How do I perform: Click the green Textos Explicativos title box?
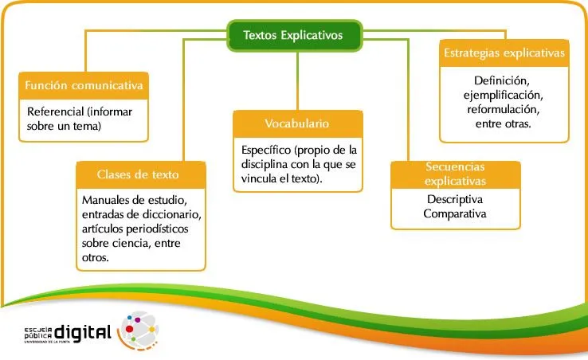293,35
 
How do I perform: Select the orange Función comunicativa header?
84,85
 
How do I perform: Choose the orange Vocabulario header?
296,123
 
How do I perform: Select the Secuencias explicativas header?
455,174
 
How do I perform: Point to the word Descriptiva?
455,199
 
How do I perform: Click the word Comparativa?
455,213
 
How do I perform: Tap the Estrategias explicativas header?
504,53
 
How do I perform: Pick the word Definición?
502,81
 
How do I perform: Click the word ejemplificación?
503,96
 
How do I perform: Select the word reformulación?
503,110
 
